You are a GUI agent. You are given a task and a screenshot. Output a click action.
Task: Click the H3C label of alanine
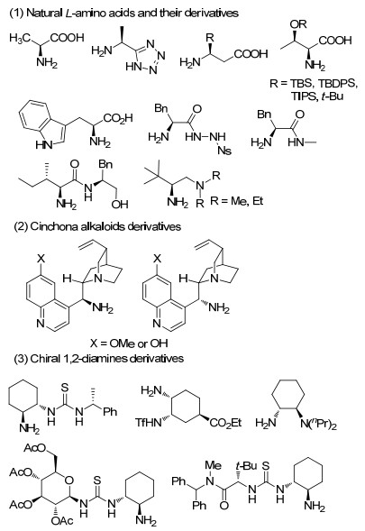pyautogui.click(x=21, y=38)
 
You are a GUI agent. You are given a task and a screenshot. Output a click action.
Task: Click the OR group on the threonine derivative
pyautogui.click(x=298, y=23)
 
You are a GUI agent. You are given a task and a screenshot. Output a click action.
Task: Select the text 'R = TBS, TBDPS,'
pyautogui.click(x=314, y=83)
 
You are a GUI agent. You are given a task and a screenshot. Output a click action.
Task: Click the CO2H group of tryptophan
pyautogui.click(x=118, y=118)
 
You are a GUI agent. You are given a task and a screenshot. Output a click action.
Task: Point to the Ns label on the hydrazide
pyautogui.click(x=224, y=150)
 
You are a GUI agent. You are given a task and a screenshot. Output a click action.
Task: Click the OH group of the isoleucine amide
pyautogui.click(x=120, y=204)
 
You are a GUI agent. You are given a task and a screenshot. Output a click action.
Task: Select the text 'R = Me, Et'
pyautogui.click(x=236, y=201)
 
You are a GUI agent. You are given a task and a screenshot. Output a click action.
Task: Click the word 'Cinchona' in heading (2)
pyautogui.click(x=54, y=226)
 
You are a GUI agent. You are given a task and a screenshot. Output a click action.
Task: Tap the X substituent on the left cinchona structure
pyautogui.click(x=41, y=259)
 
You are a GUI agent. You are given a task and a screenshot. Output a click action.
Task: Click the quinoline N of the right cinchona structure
pyautogui.click(x=157, y=323)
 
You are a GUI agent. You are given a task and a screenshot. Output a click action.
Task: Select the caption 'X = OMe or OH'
pyautogui.click(x=129, y=343)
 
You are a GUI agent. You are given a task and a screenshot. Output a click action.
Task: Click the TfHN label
pyautogui.click(x=149, y=422)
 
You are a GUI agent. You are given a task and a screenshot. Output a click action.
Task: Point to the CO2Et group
pyautogui.click(x=225, y=422)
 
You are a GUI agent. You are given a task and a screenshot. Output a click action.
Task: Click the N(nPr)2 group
pyautogui.click(x=319, y=424)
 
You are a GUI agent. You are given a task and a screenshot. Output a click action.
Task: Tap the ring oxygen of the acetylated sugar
pyautogui.click(x=68, y=480)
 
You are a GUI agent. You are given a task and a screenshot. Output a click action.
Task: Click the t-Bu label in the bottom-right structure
pyautogui.click(x=247, y=466)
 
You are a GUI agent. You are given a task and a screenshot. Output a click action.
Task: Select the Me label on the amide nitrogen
pyautogui.click(x=213, y=465)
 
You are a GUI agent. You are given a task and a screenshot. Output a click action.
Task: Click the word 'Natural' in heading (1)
pyautogui.click(x=44, y=14)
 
